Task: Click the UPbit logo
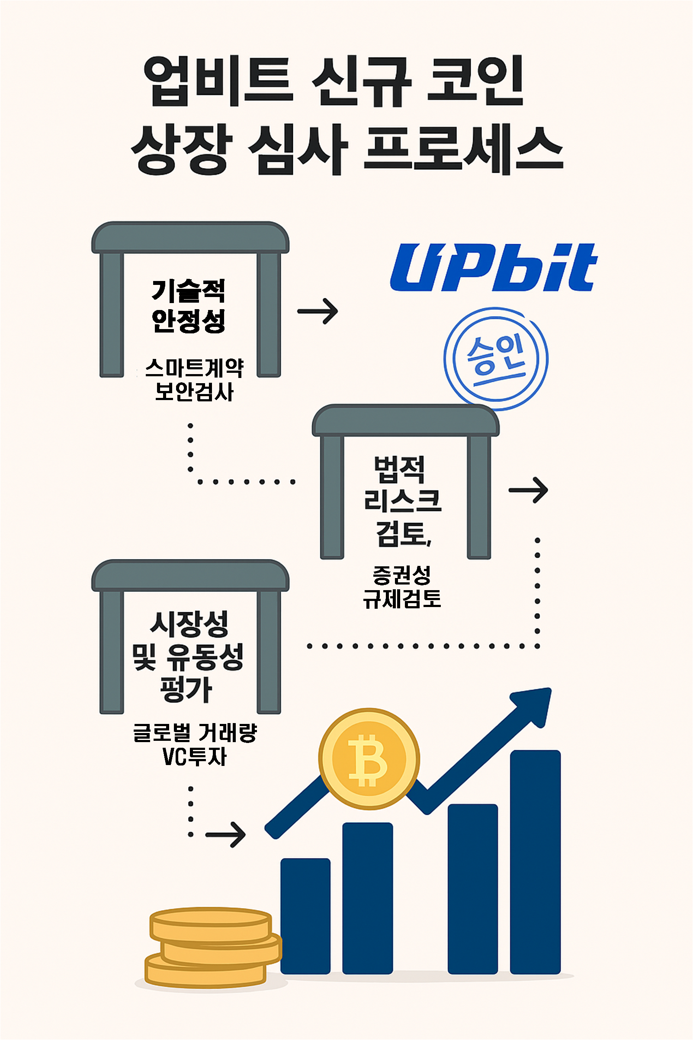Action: (493, 267)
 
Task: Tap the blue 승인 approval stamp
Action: (495, 359)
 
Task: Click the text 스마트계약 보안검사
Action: (194, 380)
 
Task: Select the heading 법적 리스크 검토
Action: (402, 501)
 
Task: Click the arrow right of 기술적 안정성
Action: (318, 311)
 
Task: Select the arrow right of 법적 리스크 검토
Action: (528, 490)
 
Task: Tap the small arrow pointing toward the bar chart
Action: (226, 835)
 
